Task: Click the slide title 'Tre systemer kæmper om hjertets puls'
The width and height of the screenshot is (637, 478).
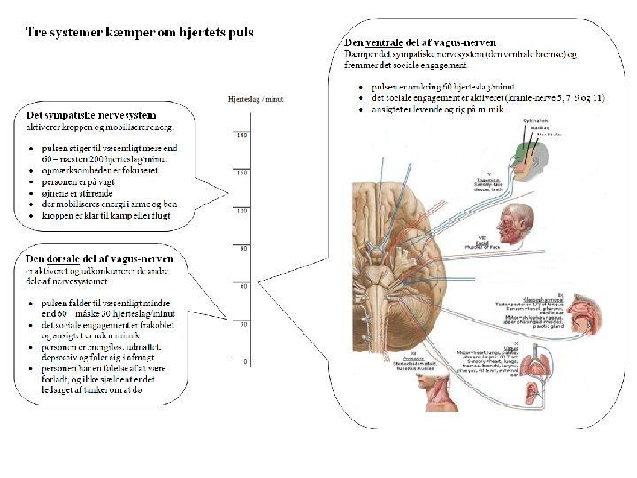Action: pyautogui.click(x=139, y=33)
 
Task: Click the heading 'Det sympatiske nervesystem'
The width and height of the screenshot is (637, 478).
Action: pyautogui.click(x=92, y=115)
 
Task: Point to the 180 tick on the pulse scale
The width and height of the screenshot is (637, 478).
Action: pyautogui.click(x=242, y=135)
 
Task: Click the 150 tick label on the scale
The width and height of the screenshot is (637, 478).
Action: pyautogui.click(x=242, y=173)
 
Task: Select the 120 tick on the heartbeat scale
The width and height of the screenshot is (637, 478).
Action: pyautogui.click(x=242, y=211)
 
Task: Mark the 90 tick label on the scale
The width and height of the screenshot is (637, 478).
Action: pyautogui.click(x=243, y=249)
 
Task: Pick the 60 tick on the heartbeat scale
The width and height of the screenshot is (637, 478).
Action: pyautogui.click(x=243, y=287)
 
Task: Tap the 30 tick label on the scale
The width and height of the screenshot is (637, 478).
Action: pyautogui.click(x=243, y=325)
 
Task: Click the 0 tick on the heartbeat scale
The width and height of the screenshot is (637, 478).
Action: pyautogui.click(x=245, y=362)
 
